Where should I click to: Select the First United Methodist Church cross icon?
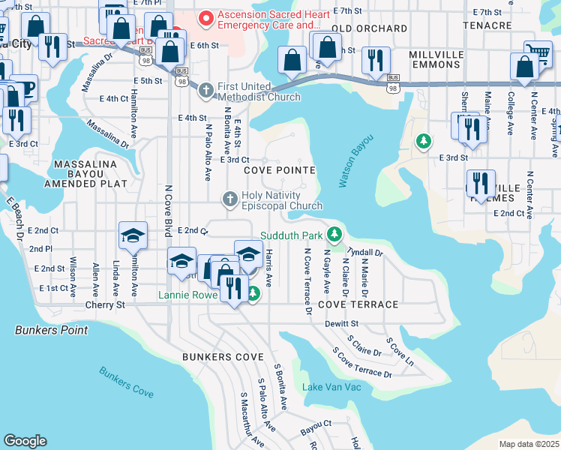pos(207,91)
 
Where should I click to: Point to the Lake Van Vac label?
pos(331,387)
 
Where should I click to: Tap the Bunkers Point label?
pos(51,330)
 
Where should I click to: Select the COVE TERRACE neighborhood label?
pos(358,304)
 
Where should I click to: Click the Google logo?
pos(25,441)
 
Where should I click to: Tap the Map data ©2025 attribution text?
pos(529,444)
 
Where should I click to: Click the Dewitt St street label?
pos(342,323)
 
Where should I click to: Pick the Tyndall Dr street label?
pos(367,253)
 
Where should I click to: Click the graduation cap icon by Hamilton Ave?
pos(132,235)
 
